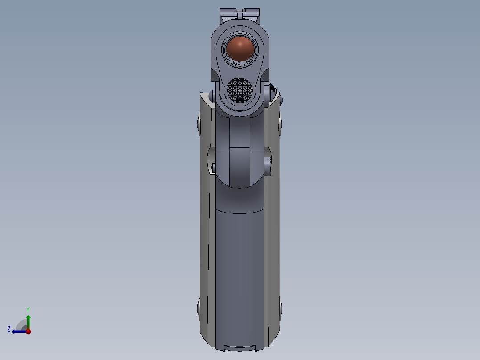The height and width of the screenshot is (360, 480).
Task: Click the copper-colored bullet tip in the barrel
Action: pos(240,49)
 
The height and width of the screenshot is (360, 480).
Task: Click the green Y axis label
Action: pos(28,309)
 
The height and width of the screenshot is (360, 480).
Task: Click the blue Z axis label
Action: pos(9,329)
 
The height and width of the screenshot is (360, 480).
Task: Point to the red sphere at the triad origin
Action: pos(28,331)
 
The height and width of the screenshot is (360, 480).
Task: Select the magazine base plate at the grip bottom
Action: pos(240,348)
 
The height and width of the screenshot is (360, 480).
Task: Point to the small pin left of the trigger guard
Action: pos(214,168)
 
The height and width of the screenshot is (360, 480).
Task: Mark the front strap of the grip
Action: pos(240,267)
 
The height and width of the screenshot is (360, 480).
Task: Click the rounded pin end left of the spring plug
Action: pos(212,95)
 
